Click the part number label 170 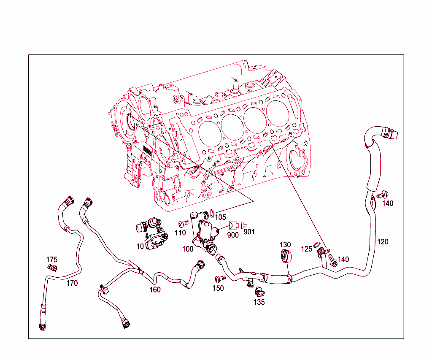[x=72, y=283]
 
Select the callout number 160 [x=155, y=290]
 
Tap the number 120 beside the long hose [x=383, y=242]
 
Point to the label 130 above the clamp [x=285, y=245]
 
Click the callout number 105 [x=220, y=217]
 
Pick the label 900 [x=233, y=235]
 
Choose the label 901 [x=249, y=232]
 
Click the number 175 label [x=52, y=260]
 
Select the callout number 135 [x=259, y=302]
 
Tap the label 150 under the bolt [x=218, y=288]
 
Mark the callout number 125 [x=307, y=249]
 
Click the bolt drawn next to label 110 [x=183, y=223]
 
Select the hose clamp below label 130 [x=286, y=255]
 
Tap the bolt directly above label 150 [x=218, y=279]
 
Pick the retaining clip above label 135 [x=259, y=291]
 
